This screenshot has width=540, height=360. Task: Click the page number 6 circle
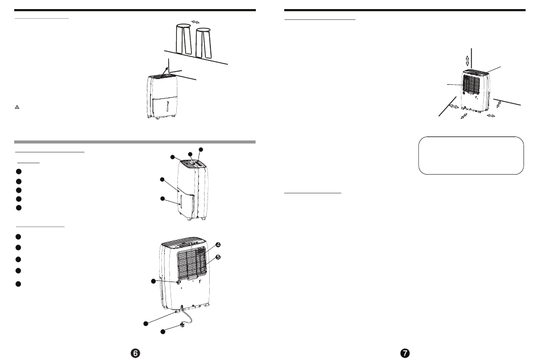135,353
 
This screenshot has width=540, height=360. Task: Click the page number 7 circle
405,353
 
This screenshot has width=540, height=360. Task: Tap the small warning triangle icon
17,107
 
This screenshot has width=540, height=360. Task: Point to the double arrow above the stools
196,21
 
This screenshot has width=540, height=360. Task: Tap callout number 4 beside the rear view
218,245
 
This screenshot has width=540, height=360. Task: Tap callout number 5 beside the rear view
218,257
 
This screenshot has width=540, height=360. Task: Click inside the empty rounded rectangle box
470,155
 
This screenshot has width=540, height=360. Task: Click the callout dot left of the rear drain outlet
153,281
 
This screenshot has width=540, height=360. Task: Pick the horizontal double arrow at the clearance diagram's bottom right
491,115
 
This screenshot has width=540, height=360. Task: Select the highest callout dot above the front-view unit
200,150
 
